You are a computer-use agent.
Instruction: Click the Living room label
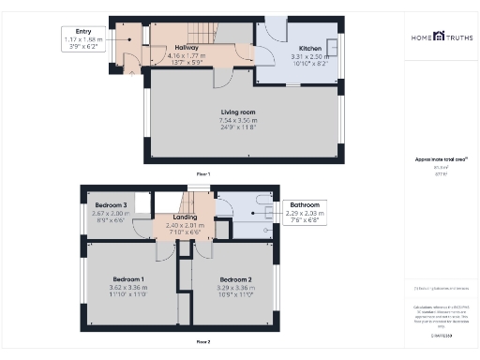[238, 112]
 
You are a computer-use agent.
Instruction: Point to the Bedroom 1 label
[128, 278]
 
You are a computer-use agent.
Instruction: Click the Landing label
[185, 217]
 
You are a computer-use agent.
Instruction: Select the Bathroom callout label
[306, 204]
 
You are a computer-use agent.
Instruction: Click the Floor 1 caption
[202, 174]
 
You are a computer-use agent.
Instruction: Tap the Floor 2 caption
[202, 341]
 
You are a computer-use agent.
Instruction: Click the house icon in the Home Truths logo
[439, 36]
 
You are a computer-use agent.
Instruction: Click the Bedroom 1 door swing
[164, 251]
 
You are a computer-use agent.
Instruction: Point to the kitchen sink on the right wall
[331, 47]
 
